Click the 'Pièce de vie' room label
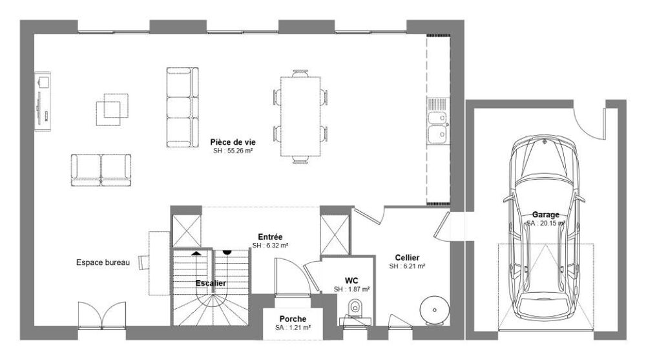pos(233,142)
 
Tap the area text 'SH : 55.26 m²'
pos(233,151)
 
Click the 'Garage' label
pos(545,215)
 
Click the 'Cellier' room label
pos(407,258)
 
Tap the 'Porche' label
pos(293,319)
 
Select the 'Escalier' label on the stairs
pos(211,283)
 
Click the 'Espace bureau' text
pos(103,262)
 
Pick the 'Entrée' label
pos(270,237)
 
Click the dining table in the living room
pos(300,116)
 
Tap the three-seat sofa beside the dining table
pos(183,107)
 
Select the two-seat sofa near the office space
pos(101,171)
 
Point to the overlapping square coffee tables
pos(112,109)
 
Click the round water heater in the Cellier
pos(433,310)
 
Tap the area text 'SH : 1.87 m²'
pos(351,290)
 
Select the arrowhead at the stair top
pos(196,252)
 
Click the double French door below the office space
pos(102,315)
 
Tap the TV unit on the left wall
pos(43,101)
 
